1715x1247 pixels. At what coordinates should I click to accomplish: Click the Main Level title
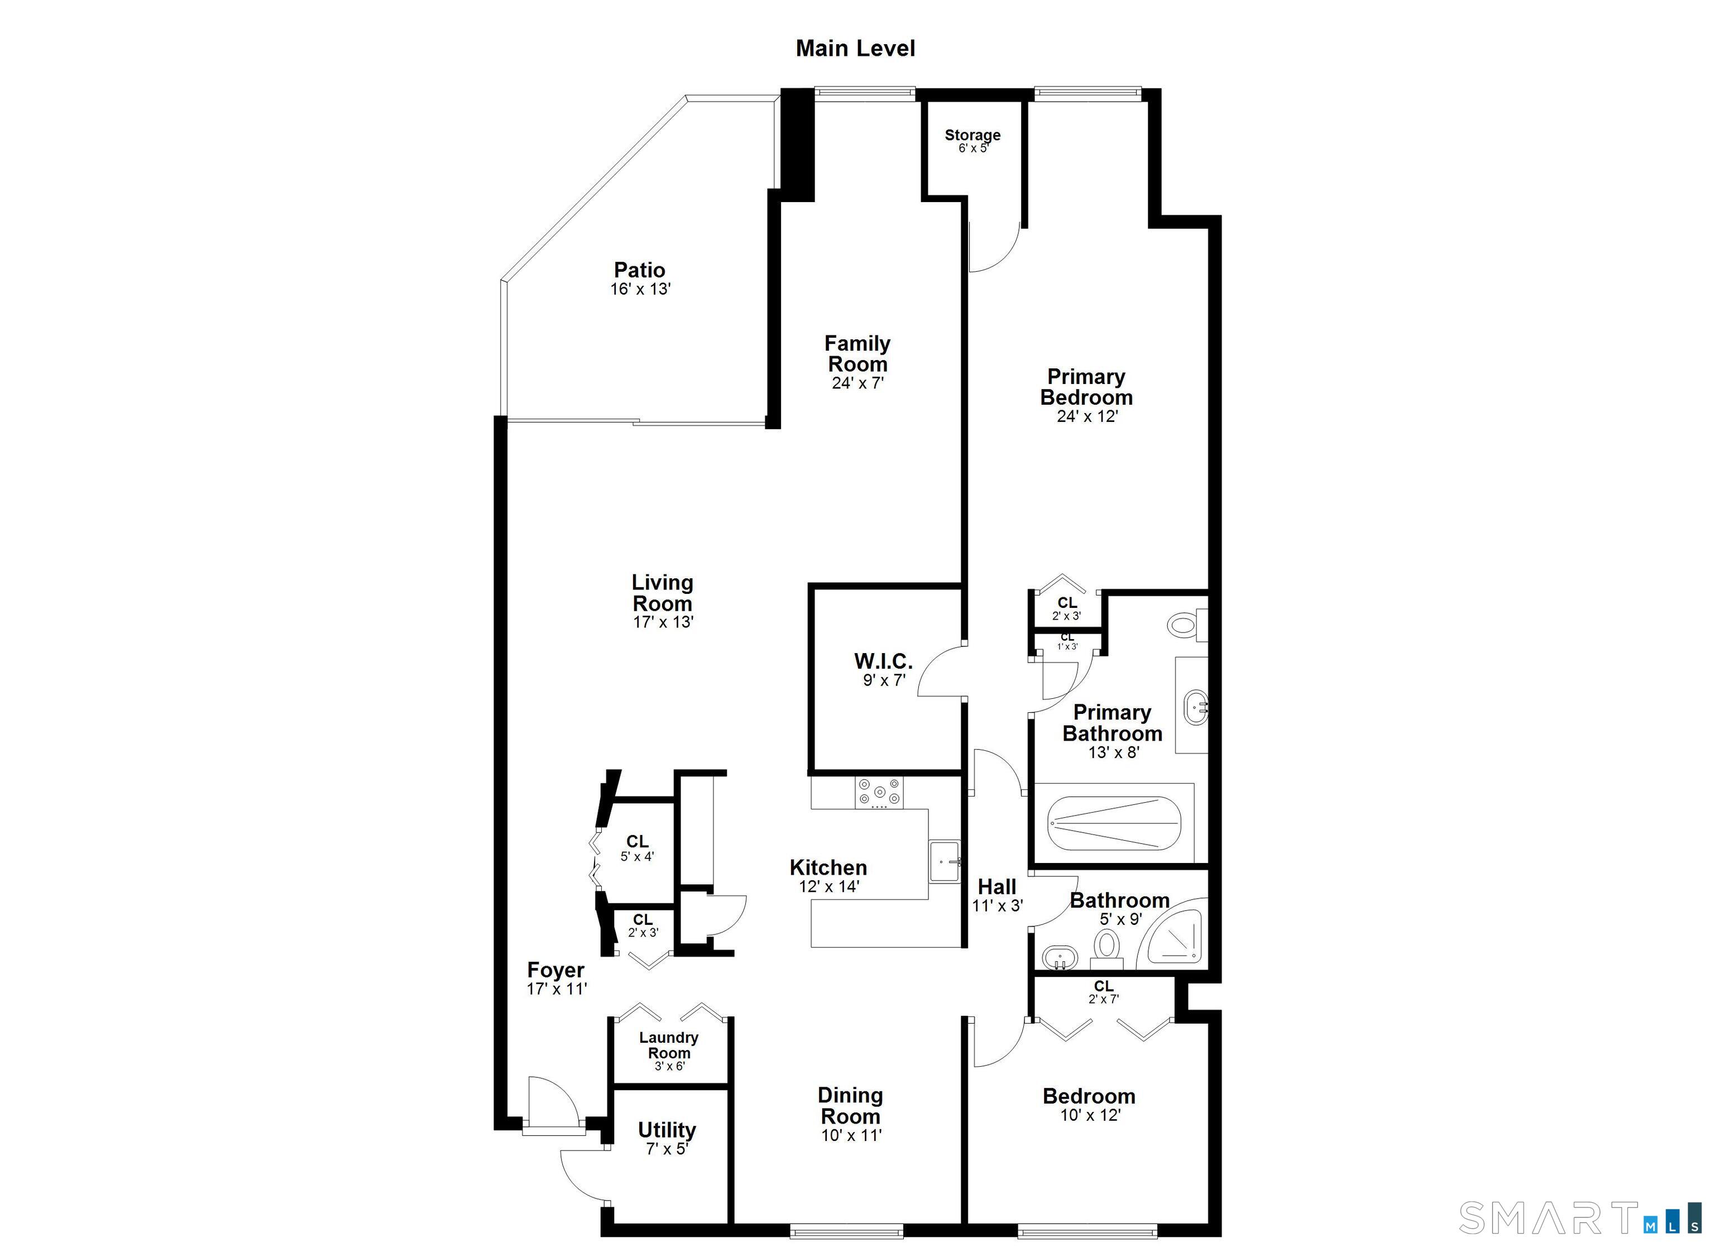click(x=855, y=49)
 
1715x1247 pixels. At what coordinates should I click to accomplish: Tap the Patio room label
click(x=640, y=270)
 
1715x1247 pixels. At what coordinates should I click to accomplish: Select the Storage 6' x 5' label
click(x=973, y=141)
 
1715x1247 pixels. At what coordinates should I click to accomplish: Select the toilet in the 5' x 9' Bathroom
click(x=1107, y=948)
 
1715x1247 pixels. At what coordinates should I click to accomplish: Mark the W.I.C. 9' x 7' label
click(x=883, y=669)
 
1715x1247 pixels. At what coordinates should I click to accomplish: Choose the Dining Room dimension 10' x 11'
click(x=851, y=1135)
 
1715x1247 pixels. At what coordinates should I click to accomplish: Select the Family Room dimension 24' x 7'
click(x=857, y=383)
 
